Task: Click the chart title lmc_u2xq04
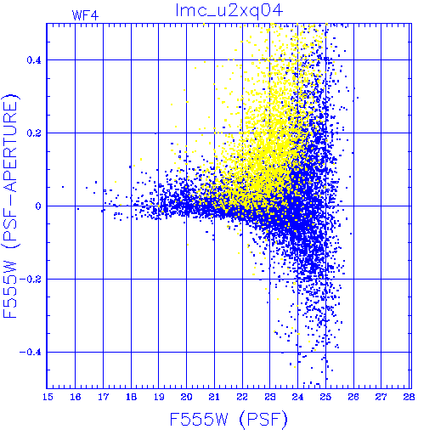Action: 229,11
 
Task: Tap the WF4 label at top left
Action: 85,15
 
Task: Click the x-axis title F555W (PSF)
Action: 229,419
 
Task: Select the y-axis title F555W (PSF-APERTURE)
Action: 10,206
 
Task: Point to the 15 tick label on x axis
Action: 48,397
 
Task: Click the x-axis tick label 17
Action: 104,397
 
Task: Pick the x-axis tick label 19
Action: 159,397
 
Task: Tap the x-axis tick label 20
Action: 187,397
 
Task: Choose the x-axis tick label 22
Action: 242,397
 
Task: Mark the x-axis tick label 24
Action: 298,397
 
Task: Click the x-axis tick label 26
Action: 353,397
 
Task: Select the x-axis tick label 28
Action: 410,397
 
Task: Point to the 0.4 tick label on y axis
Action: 34,60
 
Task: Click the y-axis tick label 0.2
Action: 34,133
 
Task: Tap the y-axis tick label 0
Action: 38,206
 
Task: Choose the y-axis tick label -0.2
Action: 31,280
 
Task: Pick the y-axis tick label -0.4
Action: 31,353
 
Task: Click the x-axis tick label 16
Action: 76,397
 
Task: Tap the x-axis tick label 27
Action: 381,397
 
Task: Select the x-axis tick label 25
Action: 325,397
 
